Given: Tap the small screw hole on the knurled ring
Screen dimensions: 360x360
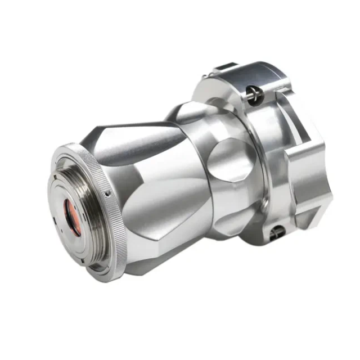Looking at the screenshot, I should [x=107, y=193].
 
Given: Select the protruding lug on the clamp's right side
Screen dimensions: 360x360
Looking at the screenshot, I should [x=307, y=174].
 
